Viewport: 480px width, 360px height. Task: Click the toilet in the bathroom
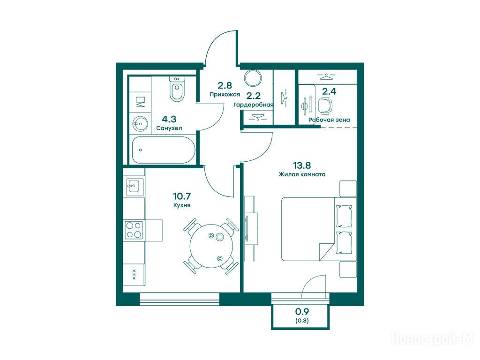[x=177, y=89]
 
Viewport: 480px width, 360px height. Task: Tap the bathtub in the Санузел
[x=164, y=150]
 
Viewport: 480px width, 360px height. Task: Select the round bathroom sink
[x=140, y=124]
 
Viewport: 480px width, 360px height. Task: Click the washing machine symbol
[x=140, y=102]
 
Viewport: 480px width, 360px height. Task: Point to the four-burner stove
[x=134, y=230]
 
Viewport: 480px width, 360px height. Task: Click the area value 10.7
[x=182, y=195]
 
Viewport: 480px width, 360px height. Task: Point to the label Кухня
[x=182, y=205]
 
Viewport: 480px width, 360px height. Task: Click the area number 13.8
[x=302, y=165]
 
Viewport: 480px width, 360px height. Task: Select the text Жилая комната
[x=302, y=174]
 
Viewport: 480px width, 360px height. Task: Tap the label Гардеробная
[x=253, y=105]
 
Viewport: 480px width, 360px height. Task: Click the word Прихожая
[x=225, y=94]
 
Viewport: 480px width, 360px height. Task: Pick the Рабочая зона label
[x=329, y=120]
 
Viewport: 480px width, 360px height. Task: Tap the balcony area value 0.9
[x=302, y=312]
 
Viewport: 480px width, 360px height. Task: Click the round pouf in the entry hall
[x=253, y=78]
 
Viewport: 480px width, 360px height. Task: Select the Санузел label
[x=169, y=128]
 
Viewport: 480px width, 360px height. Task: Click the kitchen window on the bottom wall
[x=180, y=298]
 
